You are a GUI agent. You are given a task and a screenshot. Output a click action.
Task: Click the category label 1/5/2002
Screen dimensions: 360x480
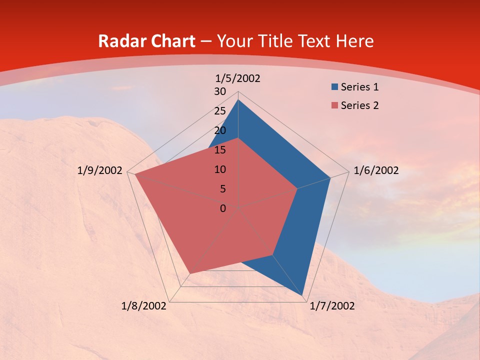238,78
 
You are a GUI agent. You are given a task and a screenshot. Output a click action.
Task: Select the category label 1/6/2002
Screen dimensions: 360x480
376,170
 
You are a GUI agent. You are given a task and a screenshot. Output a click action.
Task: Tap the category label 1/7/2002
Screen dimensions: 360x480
332,306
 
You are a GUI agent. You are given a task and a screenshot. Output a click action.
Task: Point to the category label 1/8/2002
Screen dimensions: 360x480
144,306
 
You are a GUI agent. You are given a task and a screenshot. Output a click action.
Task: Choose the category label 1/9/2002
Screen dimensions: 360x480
100,170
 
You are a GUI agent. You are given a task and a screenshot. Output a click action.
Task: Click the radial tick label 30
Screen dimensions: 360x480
220,91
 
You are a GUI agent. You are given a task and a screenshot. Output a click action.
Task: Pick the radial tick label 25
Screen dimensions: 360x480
220,111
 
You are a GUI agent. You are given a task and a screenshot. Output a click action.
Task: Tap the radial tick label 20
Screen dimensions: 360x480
220,130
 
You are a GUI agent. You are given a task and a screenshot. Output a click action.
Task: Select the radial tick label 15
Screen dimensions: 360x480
220,150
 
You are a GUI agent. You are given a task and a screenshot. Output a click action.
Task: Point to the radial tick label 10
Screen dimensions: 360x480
220,169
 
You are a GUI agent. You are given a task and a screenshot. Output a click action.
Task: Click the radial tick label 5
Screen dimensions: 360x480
222,189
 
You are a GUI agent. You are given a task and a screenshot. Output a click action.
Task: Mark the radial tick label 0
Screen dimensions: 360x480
222,208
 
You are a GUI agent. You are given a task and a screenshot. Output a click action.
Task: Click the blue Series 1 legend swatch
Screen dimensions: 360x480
334,87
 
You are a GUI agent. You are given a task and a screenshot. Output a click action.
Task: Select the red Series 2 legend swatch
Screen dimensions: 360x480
334,105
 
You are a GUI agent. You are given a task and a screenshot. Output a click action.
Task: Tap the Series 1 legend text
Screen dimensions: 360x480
359,87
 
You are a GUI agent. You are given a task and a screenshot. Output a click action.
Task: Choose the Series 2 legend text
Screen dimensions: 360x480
359,105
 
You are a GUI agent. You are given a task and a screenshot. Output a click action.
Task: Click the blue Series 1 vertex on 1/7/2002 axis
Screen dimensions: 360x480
304,296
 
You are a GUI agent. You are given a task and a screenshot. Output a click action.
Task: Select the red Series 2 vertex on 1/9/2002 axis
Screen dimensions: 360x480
134,175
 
